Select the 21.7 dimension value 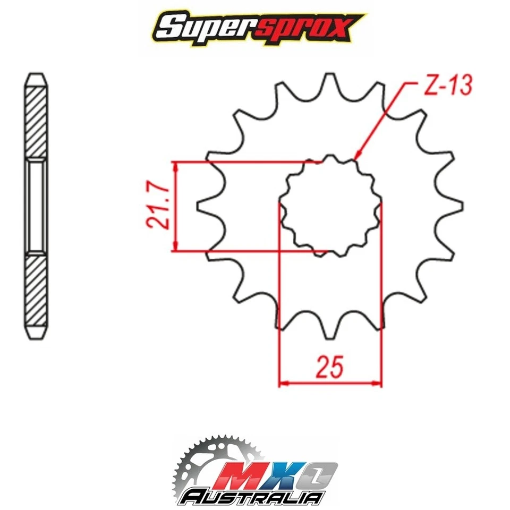[x=159, y=206]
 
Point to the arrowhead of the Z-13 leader [x=358, y=157]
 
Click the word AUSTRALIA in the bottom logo [x=252, y=497]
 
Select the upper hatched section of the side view [x=36, y=120]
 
